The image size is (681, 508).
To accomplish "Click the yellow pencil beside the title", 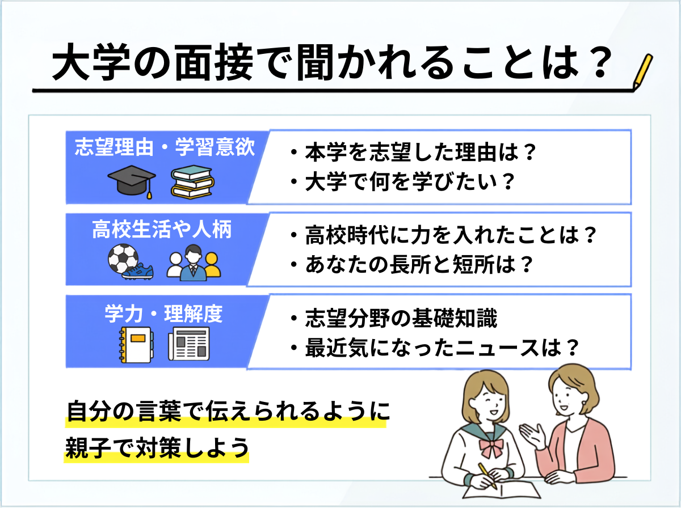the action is (x=642, y=72).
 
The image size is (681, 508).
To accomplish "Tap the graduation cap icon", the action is (x=132, y=181).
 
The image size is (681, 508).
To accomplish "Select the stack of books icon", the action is (x=192, y=181).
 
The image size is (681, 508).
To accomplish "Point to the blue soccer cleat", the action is (x=138, y=272).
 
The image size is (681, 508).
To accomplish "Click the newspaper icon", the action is (x=189, y=344).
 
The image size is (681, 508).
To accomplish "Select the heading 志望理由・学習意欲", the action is (x=165, y=147).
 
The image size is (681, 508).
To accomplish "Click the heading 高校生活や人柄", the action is (x=162, y=230).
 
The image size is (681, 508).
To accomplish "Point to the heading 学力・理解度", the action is (x=164, y=314).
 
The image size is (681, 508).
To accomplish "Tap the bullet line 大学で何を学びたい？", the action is (x=402, y=182).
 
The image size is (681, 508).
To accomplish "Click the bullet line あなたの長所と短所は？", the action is (x=411, y=264).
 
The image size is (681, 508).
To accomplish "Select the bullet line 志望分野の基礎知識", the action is (x=394, y=318).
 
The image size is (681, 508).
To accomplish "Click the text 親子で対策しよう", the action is (x=157, y=448).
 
